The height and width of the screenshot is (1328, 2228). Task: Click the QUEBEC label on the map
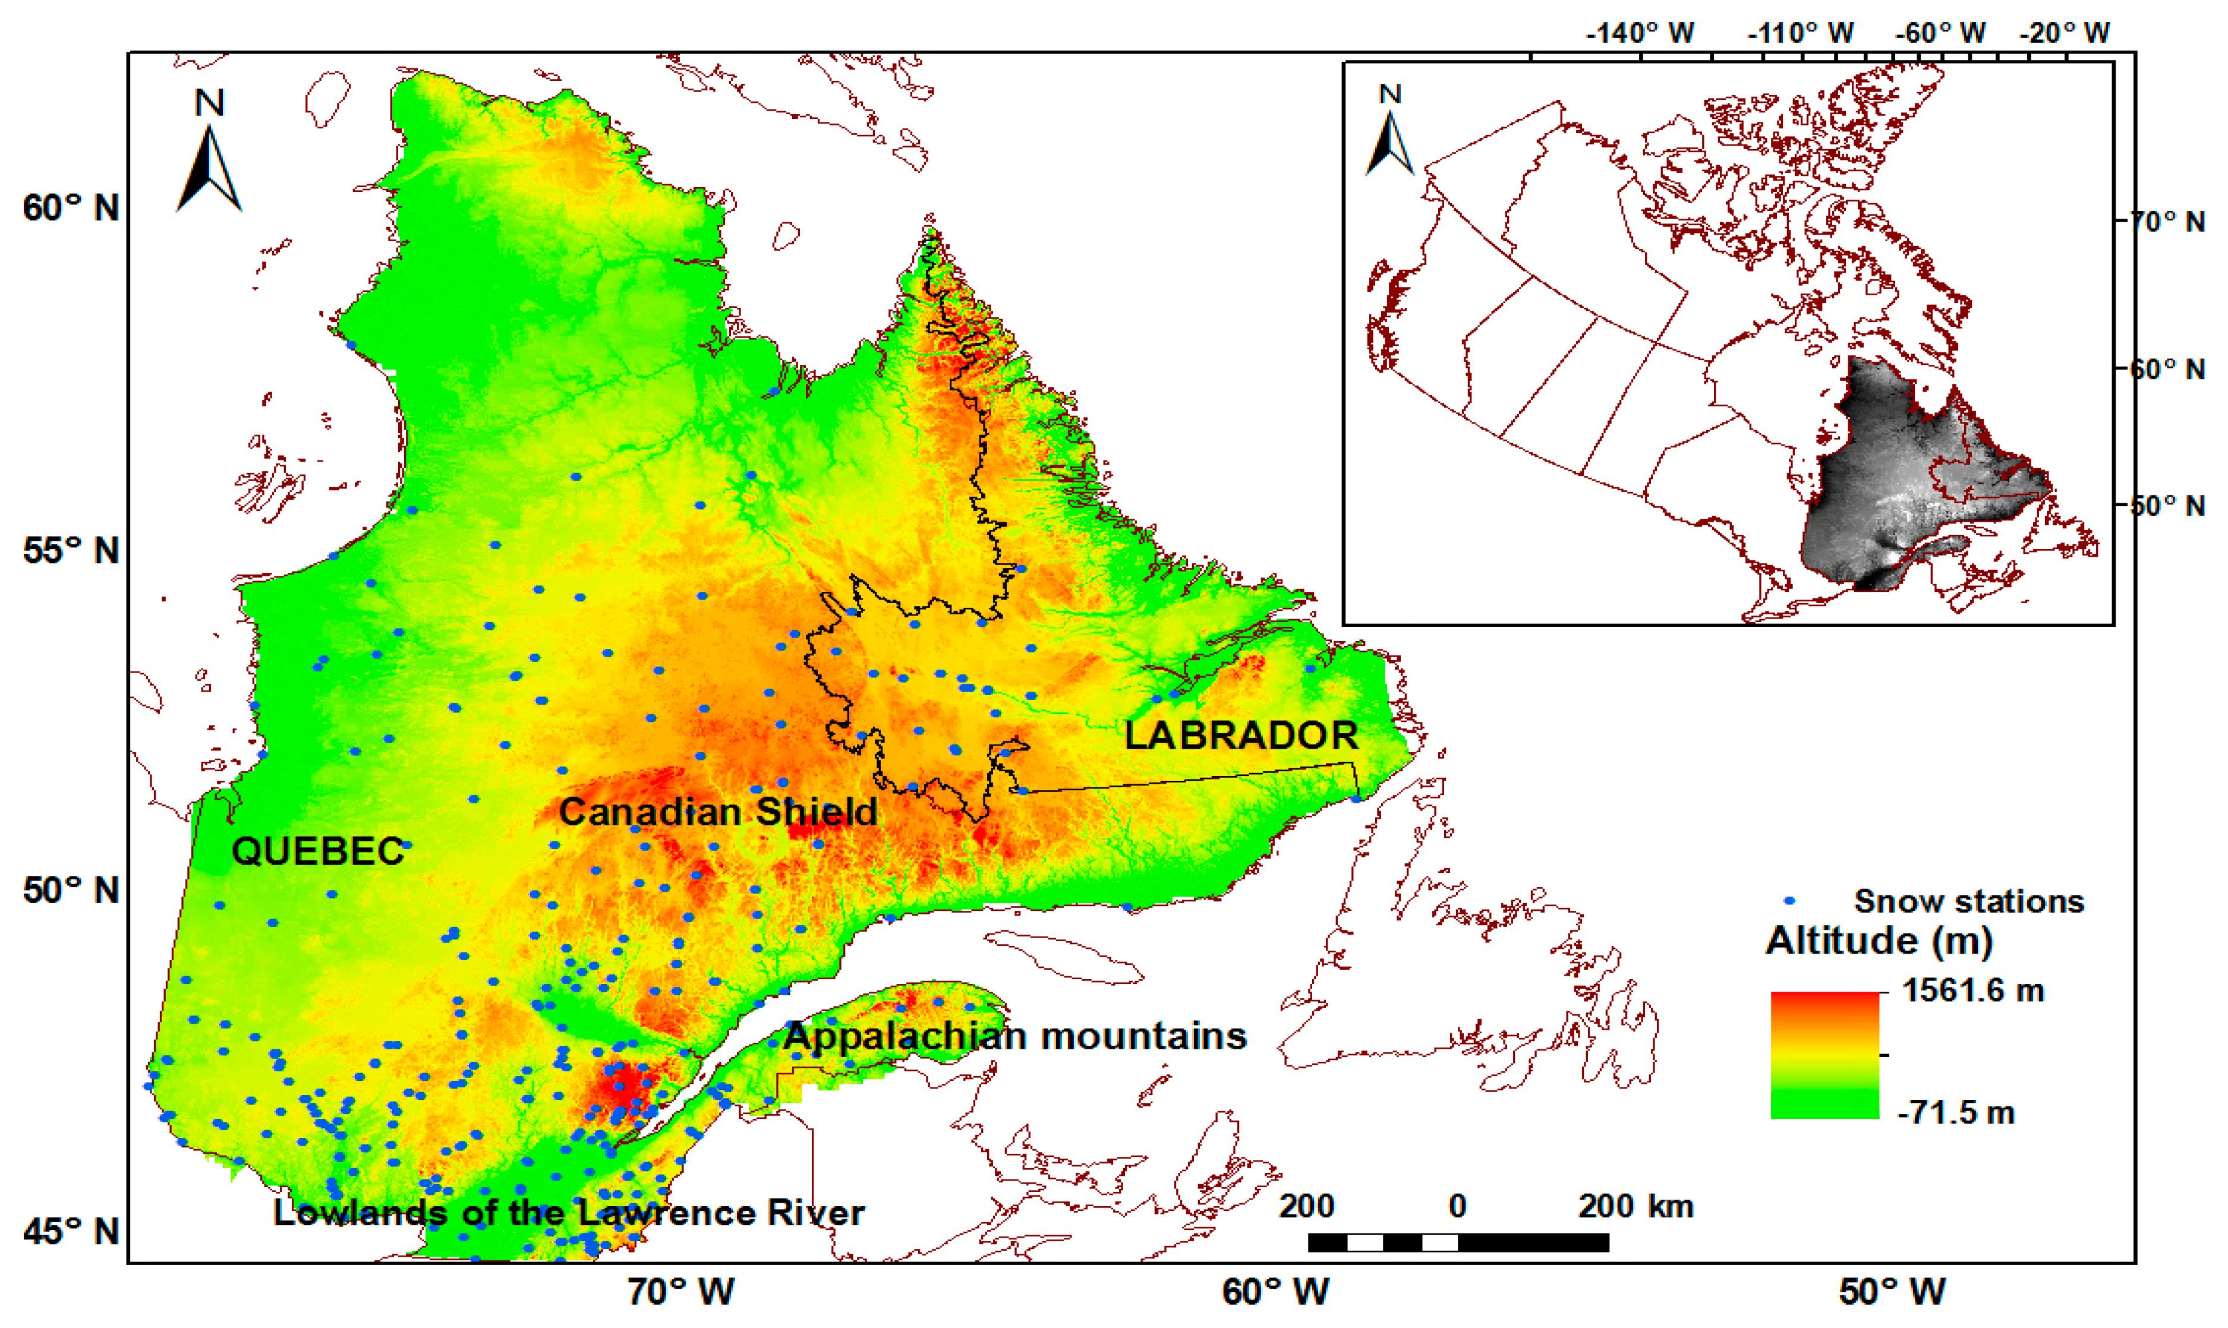[x=317, y=851]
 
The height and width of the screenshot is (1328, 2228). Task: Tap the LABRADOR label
[x=1241, y=736]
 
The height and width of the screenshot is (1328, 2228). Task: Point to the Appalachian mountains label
[x=1014, y=1036]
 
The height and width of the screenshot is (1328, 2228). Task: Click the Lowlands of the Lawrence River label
[x=568, y=1213]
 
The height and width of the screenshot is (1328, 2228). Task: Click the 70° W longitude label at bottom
[x=680, y=1291]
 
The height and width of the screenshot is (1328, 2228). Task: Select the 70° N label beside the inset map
[x=2166, y=221]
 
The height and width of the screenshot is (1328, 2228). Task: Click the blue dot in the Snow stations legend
[x=1789, y=900]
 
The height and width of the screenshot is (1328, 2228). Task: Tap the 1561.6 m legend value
[x=1973, y=991]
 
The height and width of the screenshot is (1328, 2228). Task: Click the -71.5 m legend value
[x=1956, y=1112]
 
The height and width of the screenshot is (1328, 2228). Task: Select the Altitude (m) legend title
[x=1879, y=941]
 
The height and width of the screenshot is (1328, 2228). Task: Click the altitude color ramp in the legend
[x=1824, y=1054]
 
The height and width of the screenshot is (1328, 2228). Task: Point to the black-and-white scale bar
[x=1458, y=1242]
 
